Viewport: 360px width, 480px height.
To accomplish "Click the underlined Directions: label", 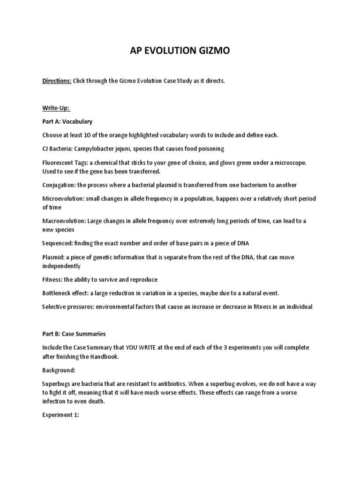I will pos(57,81).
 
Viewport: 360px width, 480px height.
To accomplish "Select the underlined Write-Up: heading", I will pos(56,108).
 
